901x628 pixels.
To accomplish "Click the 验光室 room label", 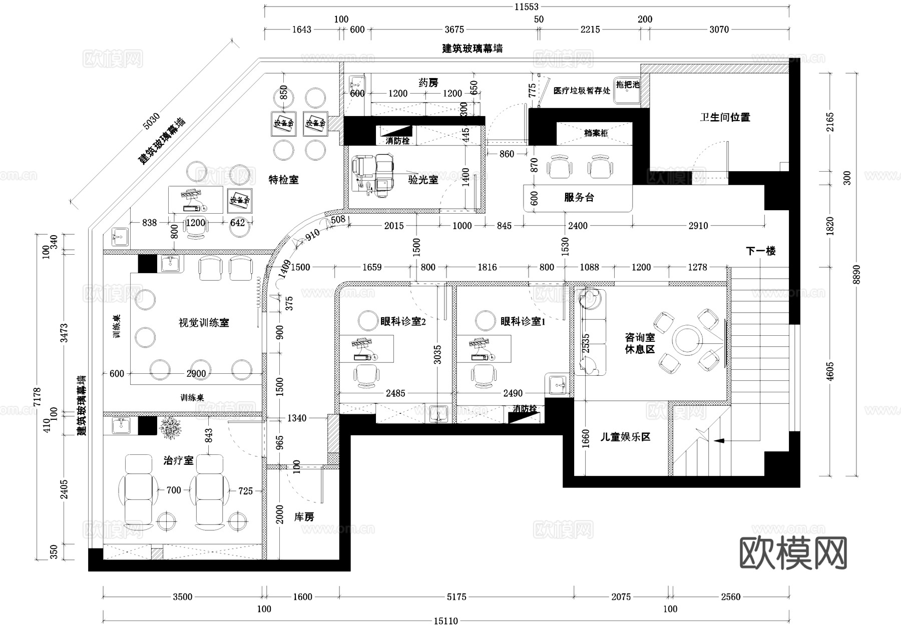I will point(423,180).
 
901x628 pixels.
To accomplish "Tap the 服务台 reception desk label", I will point(579,198).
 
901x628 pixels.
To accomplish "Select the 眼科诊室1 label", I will point(523,322).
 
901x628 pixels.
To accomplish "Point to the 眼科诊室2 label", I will point(403,322).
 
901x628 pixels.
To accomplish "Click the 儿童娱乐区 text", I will point(625,437).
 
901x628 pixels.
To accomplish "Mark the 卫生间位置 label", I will point(725,118).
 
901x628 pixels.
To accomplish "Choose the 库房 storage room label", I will point(304,517).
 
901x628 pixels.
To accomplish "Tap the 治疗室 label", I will point(178,460).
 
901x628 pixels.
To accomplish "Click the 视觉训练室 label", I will point(204,323).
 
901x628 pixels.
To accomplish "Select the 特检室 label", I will point(283,180).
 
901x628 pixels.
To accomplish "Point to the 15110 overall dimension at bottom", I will point(445,621).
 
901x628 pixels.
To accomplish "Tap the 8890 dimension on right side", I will point(857,274).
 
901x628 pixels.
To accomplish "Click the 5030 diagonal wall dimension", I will point(152,121).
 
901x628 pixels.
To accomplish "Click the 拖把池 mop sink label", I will point(628,85).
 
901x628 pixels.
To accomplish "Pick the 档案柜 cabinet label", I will point(595,133).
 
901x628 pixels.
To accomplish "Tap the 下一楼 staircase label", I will point(760,251).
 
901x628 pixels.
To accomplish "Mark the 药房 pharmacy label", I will point(428,83).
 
